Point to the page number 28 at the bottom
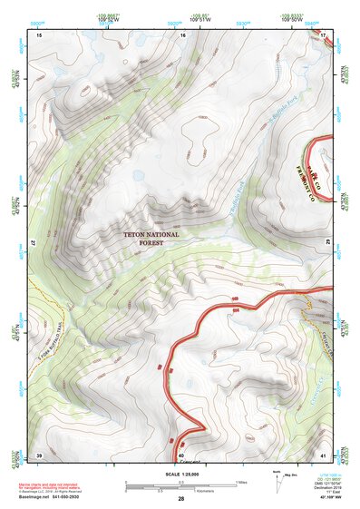coord(180,499)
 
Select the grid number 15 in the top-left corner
coord(40,34)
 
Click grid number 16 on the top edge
coord(182,34)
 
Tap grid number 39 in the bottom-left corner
coord(39,454)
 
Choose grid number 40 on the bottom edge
coord(181,454)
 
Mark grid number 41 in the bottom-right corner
coord(324,454)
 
